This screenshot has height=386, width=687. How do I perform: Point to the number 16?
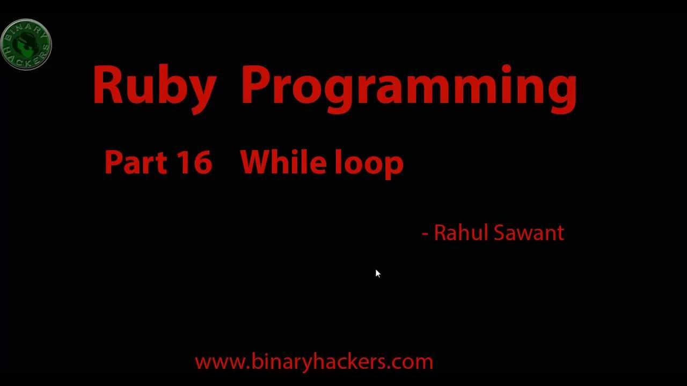194,162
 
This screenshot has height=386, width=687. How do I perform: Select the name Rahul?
460,233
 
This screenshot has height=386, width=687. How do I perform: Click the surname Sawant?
529,233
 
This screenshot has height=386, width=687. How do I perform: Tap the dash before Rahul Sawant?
425,234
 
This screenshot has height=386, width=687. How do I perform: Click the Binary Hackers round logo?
26,45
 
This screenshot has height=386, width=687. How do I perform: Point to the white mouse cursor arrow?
377,274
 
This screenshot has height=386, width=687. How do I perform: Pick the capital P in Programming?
254,85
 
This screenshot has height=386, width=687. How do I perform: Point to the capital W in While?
258,162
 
